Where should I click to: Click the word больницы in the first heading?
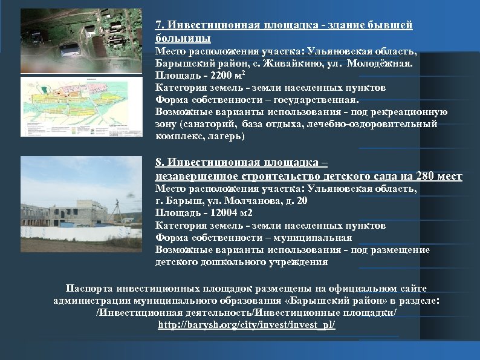coord(183,38)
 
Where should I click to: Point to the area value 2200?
coord(222,75)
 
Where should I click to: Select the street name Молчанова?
coord(240,201)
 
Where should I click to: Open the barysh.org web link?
coord(246,325)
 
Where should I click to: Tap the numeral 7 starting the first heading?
coord(158,25)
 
